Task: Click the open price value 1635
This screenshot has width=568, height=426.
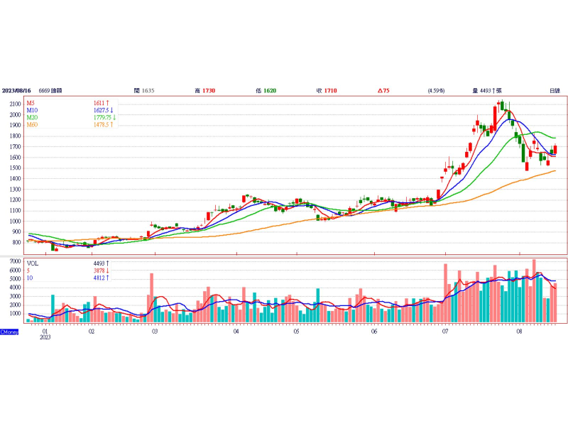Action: (x=148, y=91)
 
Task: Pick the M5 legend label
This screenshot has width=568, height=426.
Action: (x=31, y=104)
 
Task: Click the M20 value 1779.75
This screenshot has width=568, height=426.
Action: (x=104, y=118)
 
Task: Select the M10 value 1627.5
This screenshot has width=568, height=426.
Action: (x=102, y=111)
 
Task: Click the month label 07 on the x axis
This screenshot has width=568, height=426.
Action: (x=444, y=331)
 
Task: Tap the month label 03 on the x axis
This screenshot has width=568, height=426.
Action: (x=154, y=331)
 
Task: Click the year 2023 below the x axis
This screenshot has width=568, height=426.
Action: (x=45, y=338)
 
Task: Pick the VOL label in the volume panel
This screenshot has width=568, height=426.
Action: (x=33, y=263)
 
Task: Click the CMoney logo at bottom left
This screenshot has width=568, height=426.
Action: (x=9, y=332)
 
